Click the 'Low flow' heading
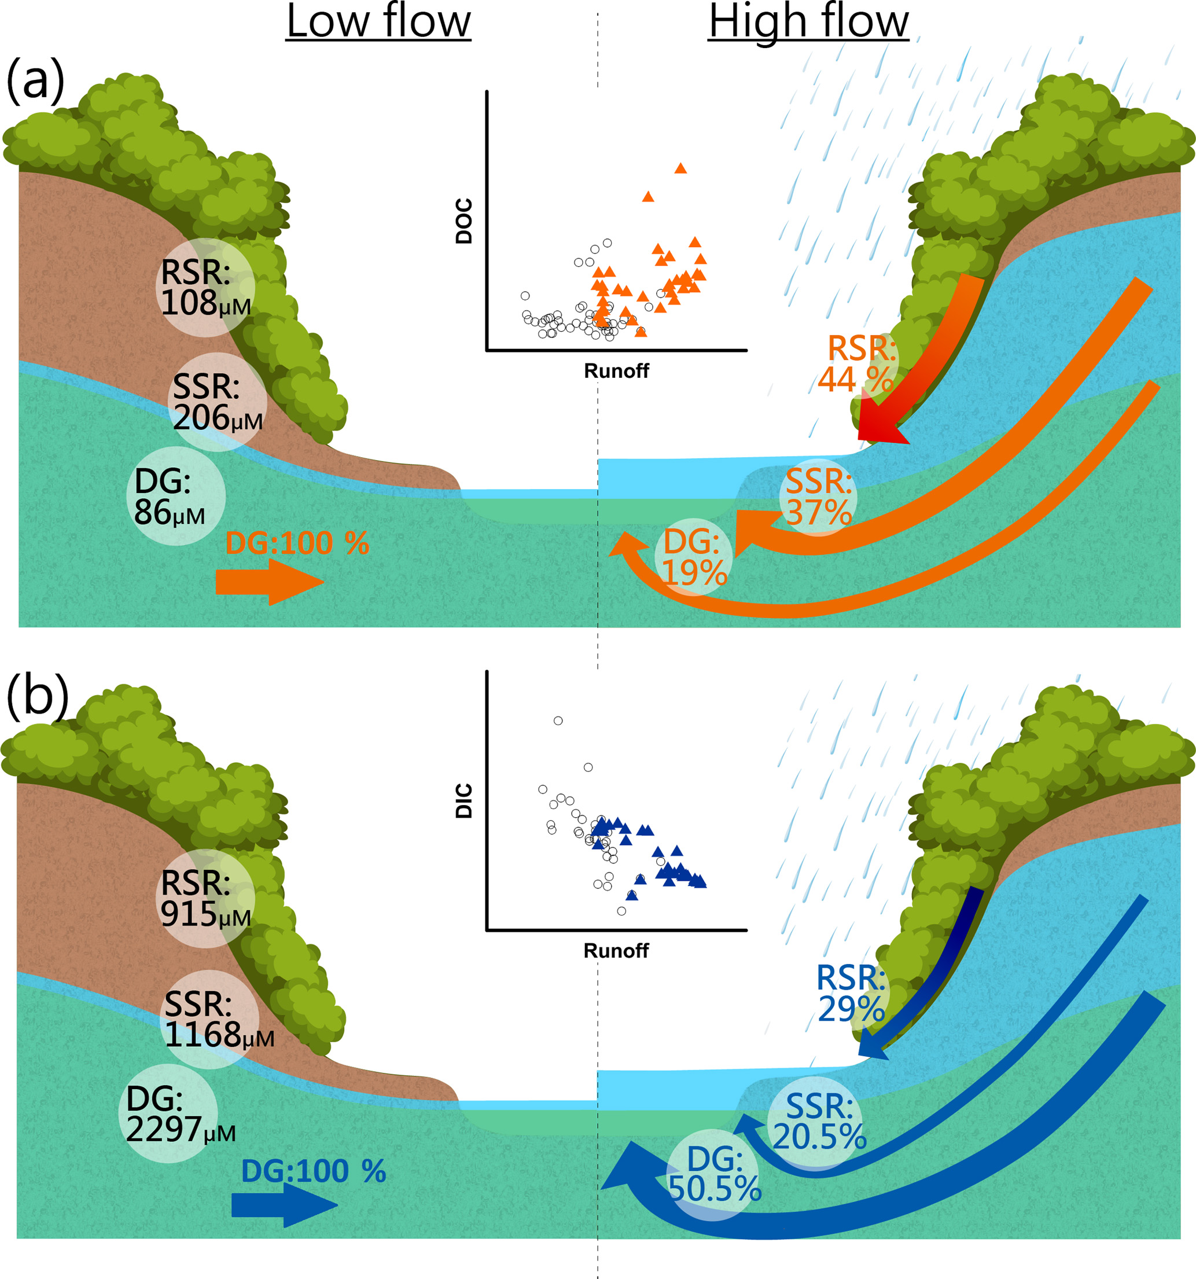[378, 23]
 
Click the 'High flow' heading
[808, 23]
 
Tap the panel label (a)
[35, 80]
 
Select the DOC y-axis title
[464, 220]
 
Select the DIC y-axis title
[464, 800]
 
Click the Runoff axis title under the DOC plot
[616, 371]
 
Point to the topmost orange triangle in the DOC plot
[680, 168]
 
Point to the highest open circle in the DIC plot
[558, 721]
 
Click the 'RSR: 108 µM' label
[205, 288]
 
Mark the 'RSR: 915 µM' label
[205, 898]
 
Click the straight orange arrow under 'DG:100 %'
[269, 582]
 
